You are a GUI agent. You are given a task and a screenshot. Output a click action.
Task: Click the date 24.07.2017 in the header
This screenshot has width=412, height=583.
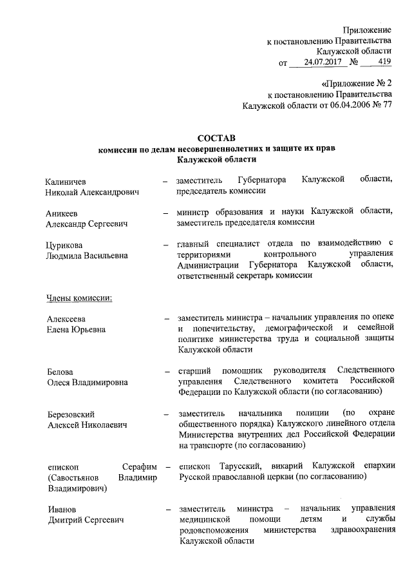pos(319,63)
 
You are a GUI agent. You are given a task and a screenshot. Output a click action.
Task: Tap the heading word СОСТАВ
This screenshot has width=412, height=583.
pos(216,137)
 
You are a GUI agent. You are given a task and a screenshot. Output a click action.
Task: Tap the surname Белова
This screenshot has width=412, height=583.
pos(60,371)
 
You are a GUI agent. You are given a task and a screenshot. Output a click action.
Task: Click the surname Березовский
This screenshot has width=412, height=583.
pos(71,413)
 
